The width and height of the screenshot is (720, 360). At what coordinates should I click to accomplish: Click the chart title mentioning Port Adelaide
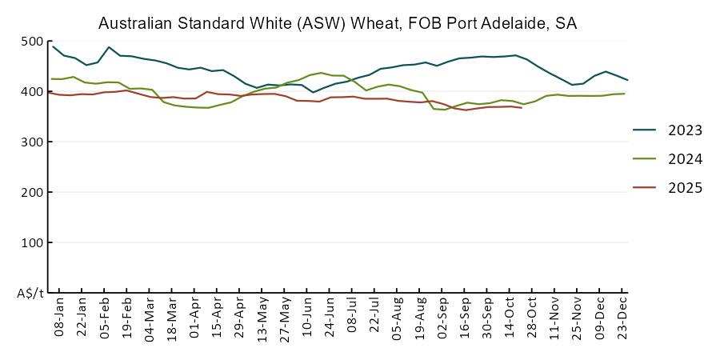tap(337, 24)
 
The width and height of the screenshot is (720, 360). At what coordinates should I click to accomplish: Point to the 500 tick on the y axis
tap(33, 42)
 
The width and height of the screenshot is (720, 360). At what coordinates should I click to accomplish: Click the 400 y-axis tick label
tap(33, 92)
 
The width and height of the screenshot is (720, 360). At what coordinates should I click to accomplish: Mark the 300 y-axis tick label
tap(33, 142)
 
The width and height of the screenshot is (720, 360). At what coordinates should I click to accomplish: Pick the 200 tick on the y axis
tap(33, 193)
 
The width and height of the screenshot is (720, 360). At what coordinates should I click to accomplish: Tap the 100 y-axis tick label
tap(33, 243)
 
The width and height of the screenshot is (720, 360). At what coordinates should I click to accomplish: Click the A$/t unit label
tap(30, 294)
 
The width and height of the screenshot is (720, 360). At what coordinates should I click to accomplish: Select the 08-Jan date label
tap(59, 318)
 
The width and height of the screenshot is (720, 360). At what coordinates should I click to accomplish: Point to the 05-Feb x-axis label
tap(105, 318)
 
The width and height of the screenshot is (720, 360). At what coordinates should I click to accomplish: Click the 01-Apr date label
tap(195, 318)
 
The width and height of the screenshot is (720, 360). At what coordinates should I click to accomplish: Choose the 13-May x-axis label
tap(263, 318)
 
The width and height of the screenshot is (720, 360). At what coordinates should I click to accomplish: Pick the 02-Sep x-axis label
tap(443, 318)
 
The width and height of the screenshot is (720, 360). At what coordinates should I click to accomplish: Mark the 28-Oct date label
tap(534, 318)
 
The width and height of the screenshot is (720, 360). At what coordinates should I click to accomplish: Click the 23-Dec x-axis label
tap(624, 318)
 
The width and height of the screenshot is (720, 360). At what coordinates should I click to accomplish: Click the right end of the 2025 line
tap(522, 107)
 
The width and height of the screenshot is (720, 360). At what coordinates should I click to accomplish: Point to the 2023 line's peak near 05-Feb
tap(109, 47)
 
